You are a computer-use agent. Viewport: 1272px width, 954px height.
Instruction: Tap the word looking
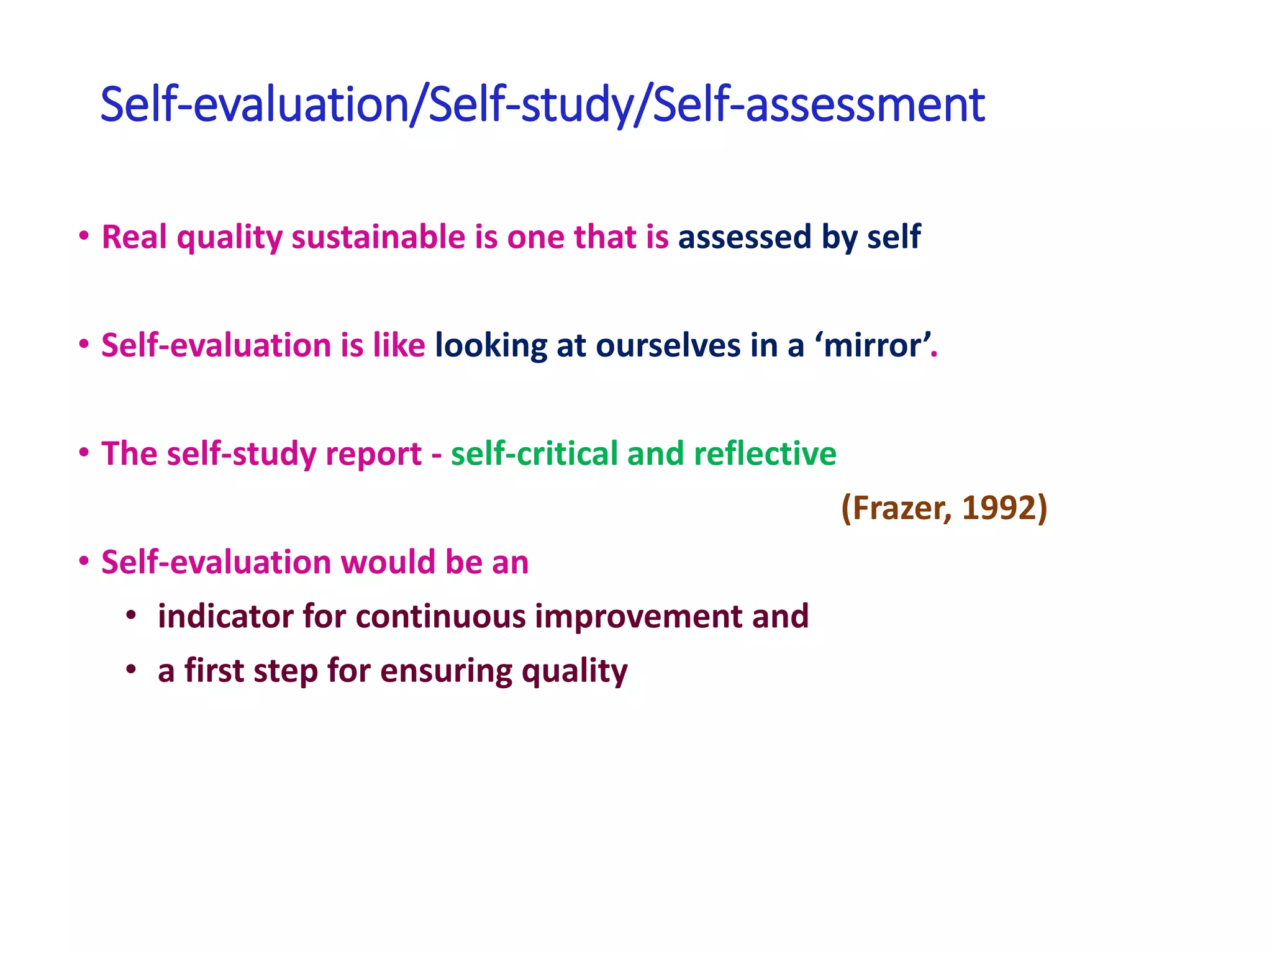491,347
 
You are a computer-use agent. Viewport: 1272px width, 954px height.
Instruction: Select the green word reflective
765,453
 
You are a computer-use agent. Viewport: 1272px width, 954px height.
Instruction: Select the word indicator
225,616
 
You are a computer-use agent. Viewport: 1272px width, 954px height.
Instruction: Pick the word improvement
638,617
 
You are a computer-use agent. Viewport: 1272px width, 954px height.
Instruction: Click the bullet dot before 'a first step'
130,670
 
